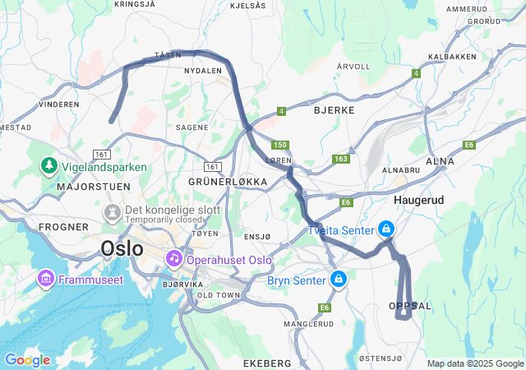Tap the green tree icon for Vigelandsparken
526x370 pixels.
[x=49, y=167]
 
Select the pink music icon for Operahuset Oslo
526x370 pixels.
[x=174, y=259]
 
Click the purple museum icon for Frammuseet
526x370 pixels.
[x=45, y=280]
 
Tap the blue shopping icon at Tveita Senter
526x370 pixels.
[x=385, y=229]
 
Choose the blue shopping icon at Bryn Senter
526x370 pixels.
[x=337, y=280]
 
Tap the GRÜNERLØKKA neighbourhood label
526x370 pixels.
[x=228, y=181]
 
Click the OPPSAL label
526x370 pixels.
[x=409, y=305]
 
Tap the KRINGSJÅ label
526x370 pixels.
[x=135, y=4]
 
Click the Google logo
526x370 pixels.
[x=27, y=360]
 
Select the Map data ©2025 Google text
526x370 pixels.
[x=474, y=363]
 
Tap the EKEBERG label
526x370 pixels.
[x=267, y=363]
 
